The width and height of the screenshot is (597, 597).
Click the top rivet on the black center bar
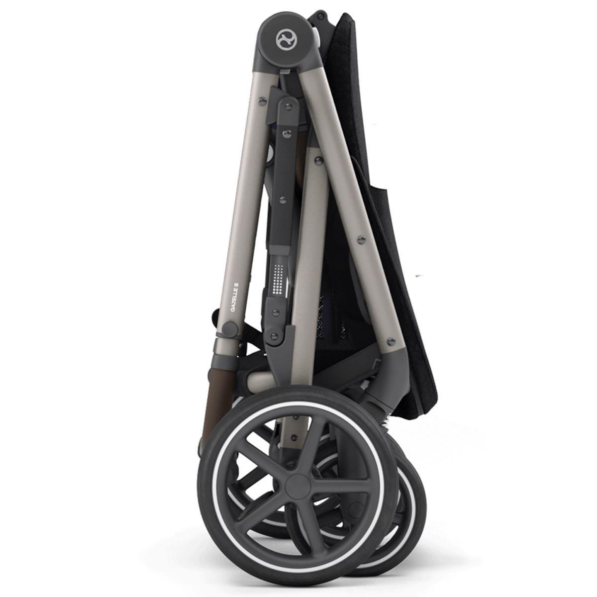click(x=287, y=106)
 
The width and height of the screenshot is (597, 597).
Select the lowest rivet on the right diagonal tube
click(x=390, y=340)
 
